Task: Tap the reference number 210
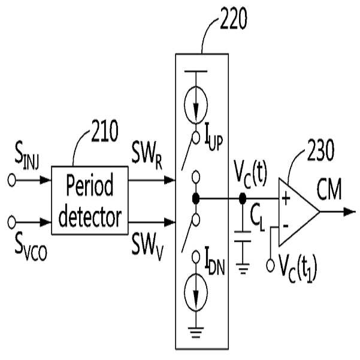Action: [105, 131]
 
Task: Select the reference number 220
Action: [234, 19]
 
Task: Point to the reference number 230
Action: [320, 150]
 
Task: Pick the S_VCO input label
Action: [31, 247]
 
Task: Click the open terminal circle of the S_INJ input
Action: [11, 180]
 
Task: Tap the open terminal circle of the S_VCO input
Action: [11, 222]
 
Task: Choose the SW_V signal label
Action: [147, 247]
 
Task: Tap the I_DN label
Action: [214, 262]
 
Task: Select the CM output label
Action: [329, 190]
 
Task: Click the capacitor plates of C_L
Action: [243, 237]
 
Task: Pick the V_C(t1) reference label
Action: [298, 268]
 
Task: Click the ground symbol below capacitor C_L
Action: [243, 269]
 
